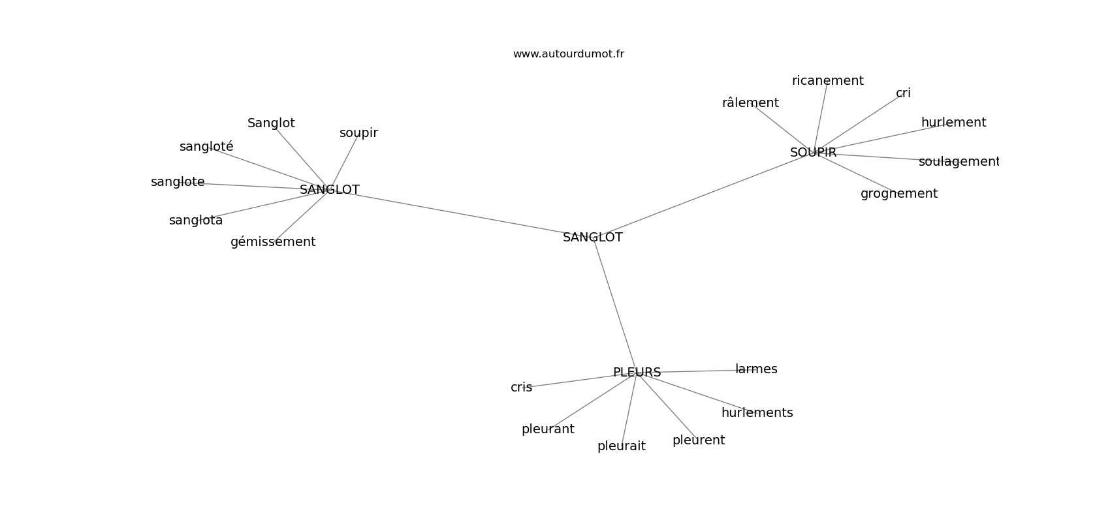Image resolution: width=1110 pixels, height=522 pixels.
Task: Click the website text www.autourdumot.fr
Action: point(568,54)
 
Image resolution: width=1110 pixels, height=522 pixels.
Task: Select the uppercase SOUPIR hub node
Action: point(813,153)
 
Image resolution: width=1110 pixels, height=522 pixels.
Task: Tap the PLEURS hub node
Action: point(637,373)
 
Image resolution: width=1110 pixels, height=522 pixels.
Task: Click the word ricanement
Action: point(827,81)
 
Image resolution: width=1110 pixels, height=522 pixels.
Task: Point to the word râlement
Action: point(750,102)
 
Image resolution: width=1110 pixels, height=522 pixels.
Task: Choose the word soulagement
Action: point(959,162)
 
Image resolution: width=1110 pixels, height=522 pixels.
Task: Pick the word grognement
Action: point(899,194)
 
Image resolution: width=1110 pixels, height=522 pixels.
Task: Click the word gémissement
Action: point(272,242)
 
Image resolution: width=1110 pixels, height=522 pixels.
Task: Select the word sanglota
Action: point(196,221)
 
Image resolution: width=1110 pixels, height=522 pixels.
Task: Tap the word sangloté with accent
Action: point(206,147)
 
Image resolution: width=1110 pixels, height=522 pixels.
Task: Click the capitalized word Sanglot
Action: point(271,123)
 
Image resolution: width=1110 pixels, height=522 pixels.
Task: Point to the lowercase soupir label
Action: point(358,133)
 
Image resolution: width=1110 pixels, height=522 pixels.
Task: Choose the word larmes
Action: point(756,369)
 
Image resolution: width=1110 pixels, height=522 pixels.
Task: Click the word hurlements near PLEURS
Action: point(757,412)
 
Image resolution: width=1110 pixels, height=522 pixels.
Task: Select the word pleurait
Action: point(622,446)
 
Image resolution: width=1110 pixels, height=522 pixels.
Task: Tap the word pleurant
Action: point(548,429)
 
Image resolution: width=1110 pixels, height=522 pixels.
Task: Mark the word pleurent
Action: point(699,440)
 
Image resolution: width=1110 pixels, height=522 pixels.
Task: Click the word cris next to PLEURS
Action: point(521,388)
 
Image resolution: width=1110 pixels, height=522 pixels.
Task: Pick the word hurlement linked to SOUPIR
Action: point(953,122)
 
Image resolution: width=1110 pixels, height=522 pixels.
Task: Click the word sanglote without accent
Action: point(178,182)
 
